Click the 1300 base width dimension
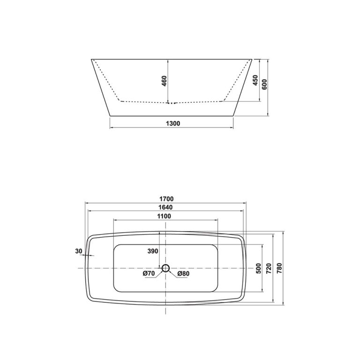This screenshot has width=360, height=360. pos(173,123)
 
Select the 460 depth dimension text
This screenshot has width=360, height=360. pos(164,81)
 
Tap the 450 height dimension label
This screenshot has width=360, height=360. pos(255,81)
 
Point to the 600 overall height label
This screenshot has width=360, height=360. pos(264,84)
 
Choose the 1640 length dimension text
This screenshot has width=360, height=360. pos(165,207)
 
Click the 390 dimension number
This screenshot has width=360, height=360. pos(153,252)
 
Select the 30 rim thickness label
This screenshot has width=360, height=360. pos(79,252)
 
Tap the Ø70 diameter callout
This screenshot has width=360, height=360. pos(149,273)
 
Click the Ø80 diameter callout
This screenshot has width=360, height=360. pos(182,273)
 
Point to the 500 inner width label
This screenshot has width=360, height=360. pos(258,268)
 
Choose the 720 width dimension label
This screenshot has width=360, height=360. pos(269,268)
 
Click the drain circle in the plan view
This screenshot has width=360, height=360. pos(165,268)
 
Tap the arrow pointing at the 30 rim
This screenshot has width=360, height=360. pos(89,255)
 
